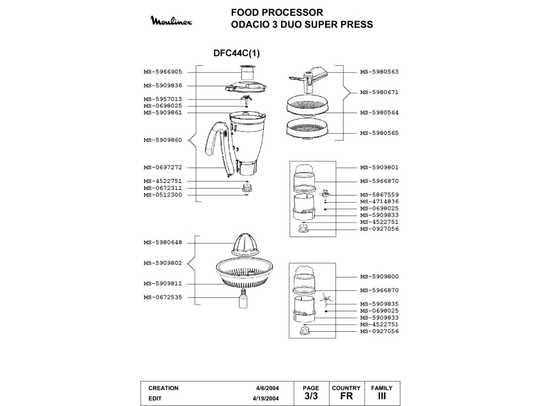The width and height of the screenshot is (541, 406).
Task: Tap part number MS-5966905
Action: (163, 72)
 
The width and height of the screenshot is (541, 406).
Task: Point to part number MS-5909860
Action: (163, 139)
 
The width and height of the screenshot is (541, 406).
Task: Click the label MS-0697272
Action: (163, 168)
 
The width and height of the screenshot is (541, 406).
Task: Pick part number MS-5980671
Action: (379, 92)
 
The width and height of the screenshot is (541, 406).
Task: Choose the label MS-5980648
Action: (163, 242)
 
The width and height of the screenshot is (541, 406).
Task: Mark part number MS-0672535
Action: (163, 297)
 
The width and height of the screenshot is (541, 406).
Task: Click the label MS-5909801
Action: (379, 168)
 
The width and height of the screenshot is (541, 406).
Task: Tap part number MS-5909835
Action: (379, 304)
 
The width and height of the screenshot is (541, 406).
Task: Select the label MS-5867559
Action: (379, 194)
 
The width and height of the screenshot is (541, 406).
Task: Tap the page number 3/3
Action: (310, 396)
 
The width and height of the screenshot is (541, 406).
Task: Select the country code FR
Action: (346, 396)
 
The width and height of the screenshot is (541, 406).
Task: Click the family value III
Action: (382, 396)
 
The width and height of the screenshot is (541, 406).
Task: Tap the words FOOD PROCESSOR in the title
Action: (277, 12)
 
